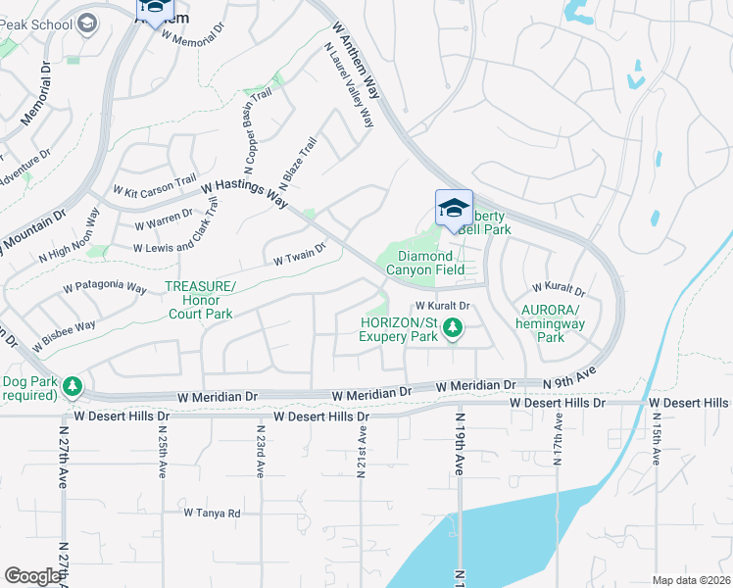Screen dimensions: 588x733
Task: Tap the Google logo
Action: [x=32, y=576]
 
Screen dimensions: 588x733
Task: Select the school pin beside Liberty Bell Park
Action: [x=454, y=209]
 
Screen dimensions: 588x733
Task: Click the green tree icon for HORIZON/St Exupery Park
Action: [x=452, y=328]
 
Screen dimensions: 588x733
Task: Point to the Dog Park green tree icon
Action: [x=72, y=388]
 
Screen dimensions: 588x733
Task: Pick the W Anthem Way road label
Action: [x=356, y=61]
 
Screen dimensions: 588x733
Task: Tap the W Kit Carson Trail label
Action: [x=155, y=186]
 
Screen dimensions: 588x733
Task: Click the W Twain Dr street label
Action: [x=299, y=257]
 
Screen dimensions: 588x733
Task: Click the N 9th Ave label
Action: [x=571, y=379]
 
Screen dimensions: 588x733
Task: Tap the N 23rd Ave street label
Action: [x=261, y=452]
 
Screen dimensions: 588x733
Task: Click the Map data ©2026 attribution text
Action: [x=691, y=580]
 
